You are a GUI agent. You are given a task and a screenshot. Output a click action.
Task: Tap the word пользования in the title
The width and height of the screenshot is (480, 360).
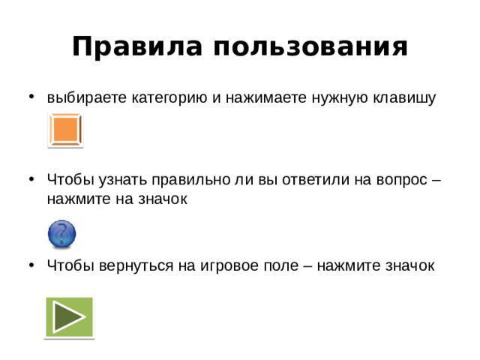click(310, 48)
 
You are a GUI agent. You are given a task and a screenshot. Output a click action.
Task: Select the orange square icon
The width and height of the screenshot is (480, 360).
click(65, 130)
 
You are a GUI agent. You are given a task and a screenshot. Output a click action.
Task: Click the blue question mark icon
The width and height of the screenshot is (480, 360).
click(62, 233)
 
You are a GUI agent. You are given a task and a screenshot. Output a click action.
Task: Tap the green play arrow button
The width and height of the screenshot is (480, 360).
click(69, 317)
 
